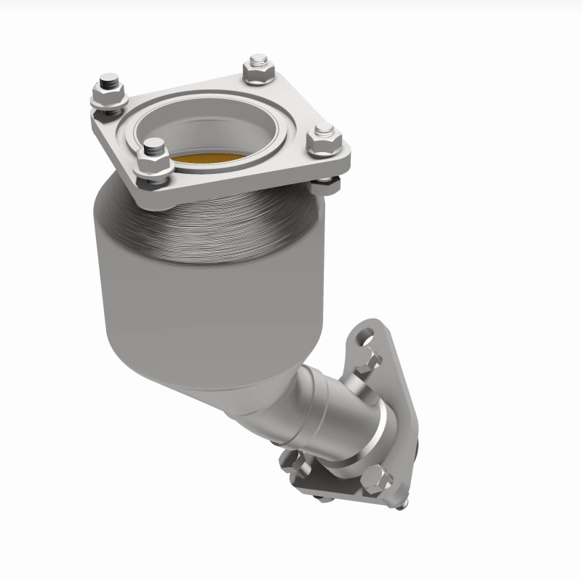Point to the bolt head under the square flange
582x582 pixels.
click(327, 185)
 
